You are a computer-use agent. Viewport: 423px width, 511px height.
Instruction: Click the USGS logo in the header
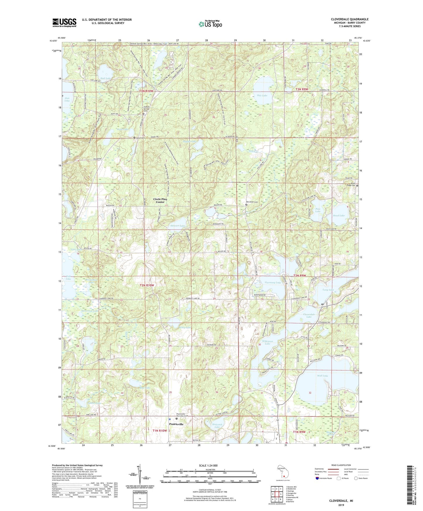(x=64, y=22)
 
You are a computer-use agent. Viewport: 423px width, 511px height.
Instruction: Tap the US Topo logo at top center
(x=210, y=24)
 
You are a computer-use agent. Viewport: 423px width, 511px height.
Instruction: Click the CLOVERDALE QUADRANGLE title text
(x=350, y=19)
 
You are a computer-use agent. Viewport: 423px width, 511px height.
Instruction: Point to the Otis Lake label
(x=262, y=95)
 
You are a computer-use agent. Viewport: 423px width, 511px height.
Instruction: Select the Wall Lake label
(x=323, y=375)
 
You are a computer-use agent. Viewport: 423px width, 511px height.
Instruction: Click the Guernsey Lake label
(x=273, y=283)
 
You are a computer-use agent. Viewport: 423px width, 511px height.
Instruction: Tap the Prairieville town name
(x=176, y=424)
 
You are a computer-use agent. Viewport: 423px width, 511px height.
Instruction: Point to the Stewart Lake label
(x=178, y=226)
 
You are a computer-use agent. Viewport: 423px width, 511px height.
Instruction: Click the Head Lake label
(x=339, y=215)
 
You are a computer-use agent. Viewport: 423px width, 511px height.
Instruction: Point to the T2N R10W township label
(x=146, y=285)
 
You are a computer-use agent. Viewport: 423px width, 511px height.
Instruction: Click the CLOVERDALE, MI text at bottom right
(x=341, y=501)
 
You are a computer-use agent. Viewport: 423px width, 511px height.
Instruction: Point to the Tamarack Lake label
(x=90, y=311)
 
